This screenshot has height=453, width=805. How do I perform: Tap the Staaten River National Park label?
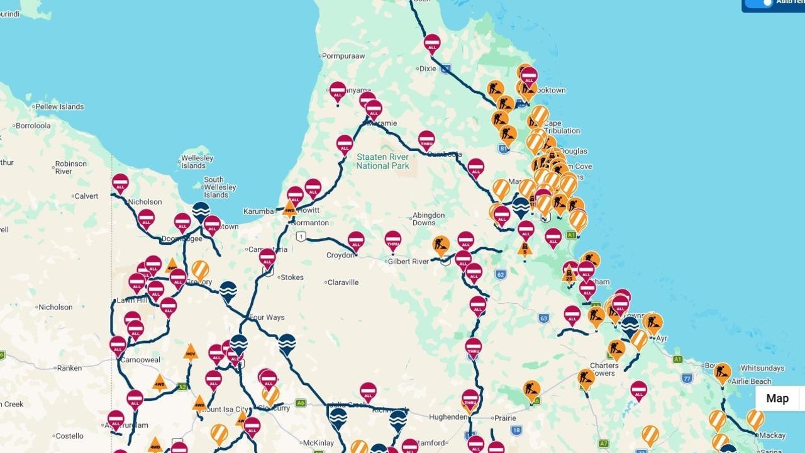coord(382,161)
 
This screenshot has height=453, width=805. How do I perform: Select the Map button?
coord(777,398)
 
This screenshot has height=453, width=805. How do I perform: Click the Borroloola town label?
coord(33,126)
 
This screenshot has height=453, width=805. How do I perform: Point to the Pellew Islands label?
coord(59,107)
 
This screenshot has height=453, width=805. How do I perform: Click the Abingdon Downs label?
coord(428,219)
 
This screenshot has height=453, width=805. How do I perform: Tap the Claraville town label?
coord(343,282)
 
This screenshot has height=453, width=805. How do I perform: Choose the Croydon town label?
coord(341,255)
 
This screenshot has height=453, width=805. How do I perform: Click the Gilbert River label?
coord(408,262)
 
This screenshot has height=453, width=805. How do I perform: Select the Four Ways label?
coord(267,318)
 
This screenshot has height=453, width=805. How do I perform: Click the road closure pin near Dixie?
coord(432,43)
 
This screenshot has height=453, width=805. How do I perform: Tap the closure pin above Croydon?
coord(356,240)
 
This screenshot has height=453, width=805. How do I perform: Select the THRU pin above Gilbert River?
coord(393,240)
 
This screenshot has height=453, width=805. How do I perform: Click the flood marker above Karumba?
coord(201,211)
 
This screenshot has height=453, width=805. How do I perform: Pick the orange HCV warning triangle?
coord(191,353)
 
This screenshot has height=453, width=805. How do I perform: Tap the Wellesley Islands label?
coord(197,162)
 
